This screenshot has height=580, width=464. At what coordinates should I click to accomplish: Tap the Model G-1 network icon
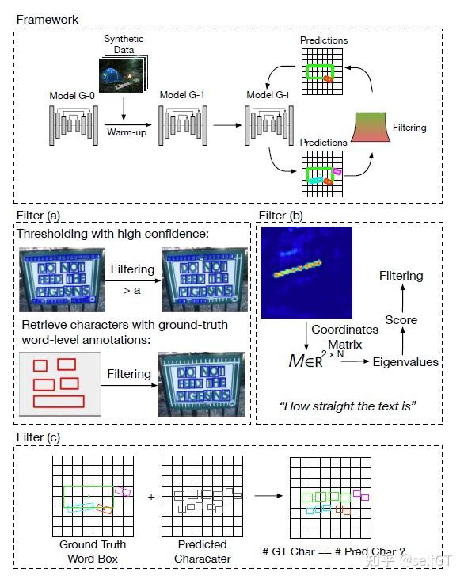[x=183, y=123]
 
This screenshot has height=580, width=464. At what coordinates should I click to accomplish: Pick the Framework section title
[x=47, y=18]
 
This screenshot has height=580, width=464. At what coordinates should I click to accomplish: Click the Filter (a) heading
[x=39, y=215]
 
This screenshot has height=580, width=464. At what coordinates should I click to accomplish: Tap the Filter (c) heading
[x=39, y=437]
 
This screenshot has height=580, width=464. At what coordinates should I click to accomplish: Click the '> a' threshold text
[x=132, y=291]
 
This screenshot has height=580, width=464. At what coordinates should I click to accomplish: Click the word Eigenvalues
[x=407, y=361]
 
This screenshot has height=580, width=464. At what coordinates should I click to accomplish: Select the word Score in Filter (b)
[x=401, y=320]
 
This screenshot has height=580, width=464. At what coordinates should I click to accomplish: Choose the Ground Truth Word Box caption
[x=92, y=551]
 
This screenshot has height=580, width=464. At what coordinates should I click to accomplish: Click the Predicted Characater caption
[x=202, y=551]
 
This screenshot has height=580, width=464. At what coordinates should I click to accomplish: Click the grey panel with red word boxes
[x=59, y=384]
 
